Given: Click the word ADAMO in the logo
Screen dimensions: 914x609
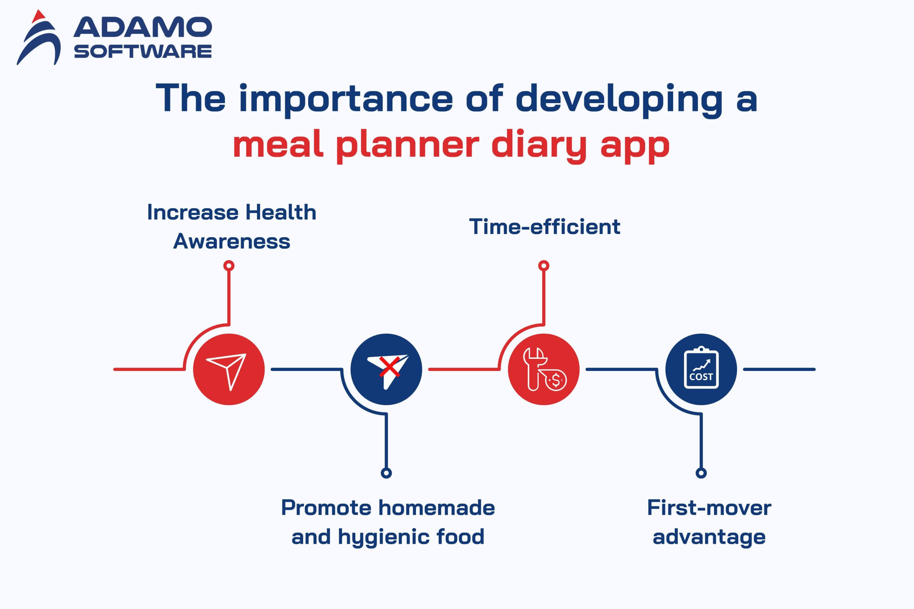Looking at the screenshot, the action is pyautogui.click(x=142, y=27).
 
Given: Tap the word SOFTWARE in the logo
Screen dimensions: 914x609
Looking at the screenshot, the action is pyautogui.click(x=142, y=51).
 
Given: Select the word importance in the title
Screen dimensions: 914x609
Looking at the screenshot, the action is pyautogui.click(x=346, y=99).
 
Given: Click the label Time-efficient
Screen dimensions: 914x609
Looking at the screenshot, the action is pyautogui.click(x=544, y=227).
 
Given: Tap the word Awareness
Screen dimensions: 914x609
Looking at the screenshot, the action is pyautogui.click(x=232, y=241).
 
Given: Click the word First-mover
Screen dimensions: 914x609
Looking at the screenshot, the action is pyautogui.click(x=709, y=508).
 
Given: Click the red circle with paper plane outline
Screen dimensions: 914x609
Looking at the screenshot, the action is pyautogui.click(x=229, y=369).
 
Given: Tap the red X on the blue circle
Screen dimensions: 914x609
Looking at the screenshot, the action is pyautogui.click(x=390, y=367).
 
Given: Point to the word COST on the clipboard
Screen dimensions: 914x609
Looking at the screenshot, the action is pyautogui.click(x=701, y=377).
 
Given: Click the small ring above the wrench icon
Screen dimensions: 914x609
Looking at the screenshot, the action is pyautogui.click(x=544, y=266).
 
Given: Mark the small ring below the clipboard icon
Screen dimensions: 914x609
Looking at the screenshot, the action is pyautogui.click(x=701, y=473).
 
